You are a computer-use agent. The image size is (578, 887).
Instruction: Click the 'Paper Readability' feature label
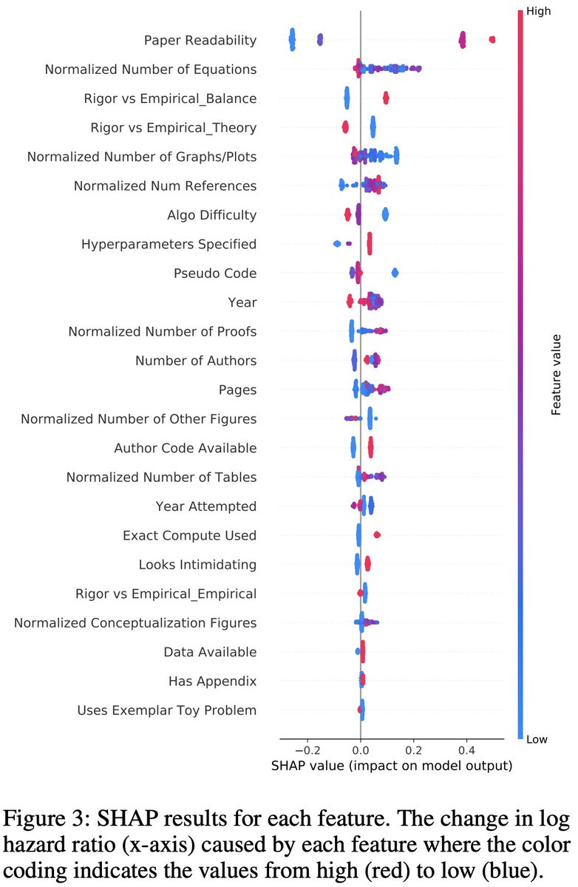click(200, 41)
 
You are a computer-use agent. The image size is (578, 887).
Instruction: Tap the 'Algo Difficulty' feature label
click(211, 215)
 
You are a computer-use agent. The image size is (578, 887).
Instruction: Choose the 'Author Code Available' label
click(185, 448)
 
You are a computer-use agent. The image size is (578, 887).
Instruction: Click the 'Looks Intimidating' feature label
click(197, 565)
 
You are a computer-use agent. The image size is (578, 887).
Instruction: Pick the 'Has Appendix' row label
click(212, 681)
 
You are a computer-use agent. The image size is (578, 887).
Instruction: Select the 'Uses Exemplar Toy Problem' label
click(166, 710)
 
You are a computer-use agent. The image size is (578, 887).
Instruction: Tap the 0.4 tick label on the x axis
click(467, 748)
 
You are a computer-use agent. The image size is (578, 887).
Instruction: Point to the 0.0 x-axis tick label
click(360, 748)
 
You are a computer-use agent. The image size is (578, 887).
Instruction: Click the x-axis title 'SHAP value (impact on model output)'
click(382, 766)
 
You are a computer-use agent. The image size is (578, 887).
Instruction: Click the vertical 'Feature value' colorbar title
click(557, 375)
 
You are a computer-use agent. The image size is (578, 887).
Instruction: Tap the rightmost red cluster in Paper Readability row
click(492, 40)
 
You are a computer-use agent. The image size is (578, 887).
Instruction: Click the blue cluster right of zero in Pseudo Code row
click(395, 273)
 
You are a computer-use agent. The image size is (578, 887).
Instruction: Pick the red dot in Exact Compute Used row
click(377, 534)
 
